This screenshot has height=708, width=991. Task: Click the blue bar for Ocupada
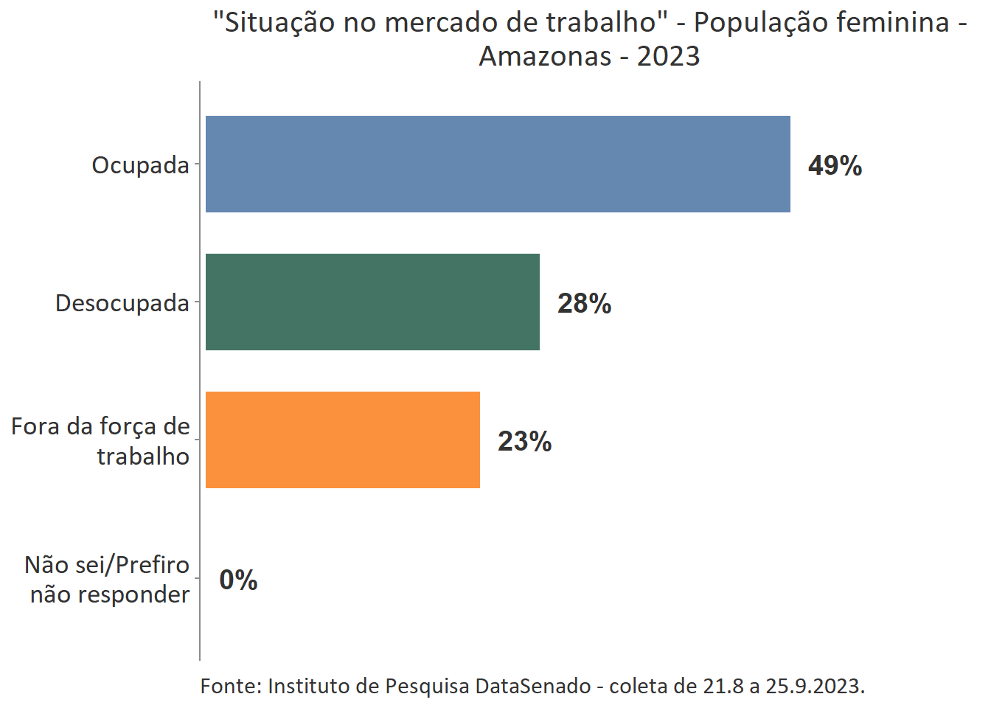(x=498, y=164)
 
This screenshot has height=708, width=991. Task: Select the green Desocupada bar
(x=372, y=302)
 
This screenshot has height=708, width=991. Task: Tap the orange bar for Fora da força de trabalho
(x=342, y=440)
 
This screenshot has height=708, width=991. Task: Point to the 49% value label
(x=835, y=165)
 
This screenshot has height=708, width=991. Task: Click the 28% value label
(x=584, y=303)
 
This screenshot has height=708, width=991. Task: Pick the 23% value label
(x=524, y=441)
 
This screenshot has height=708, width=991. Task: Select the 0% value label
(x=238, y=580)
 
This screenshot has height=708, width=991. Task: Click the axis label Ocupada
(x=140, y=165)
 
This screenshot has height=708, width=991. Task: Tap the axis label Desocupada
(x=122, y=303)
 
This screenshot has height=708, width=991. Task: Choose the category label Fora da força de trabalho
(x=101, y=441)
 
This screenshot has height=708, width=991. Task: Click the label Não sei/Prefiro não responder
(x=108, y=579)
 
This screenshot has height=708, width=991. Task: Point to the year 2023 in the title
(x=668, y=56)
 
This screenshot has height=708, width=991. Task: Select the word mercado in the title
(x=439, y=22)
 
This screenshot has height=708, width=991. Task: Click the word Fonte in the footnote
(x=230, y=686)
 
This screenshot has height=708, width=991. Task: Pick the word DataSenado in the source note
(x=532, y=686)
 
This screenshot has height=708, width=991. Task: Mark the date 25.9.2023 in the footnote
(x=814, y=686)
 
